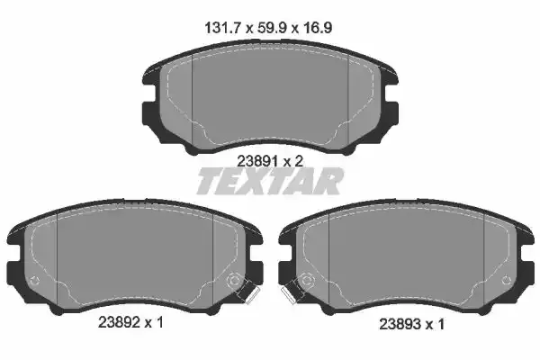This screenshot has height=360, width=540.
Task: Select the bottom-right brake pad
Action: [405, 261]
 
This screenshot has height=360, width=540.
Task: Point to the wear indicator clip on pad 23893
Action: [292, 292]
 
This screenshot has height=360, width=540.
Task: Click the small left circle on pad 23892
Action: [35, 282]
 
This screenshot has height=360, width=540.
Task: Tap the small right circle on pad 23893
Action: [503, 282]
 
